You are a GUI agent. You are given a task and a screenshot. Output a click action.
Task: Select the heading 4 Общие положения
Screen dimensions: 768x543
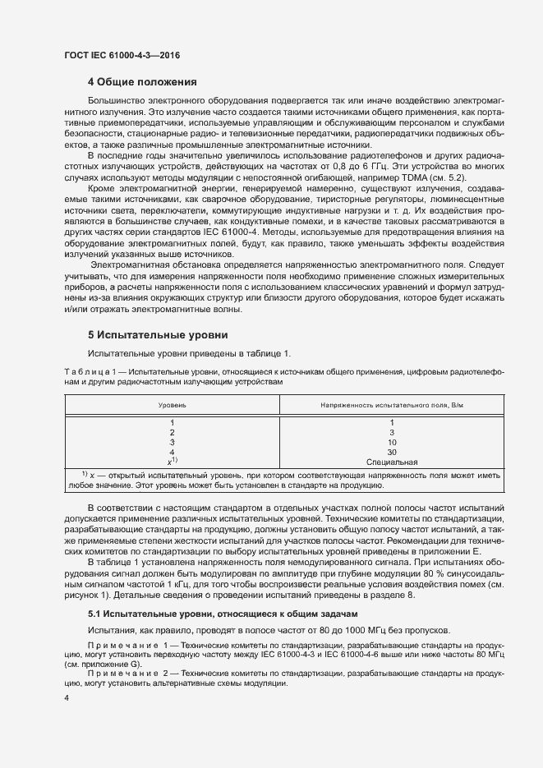[142, 81]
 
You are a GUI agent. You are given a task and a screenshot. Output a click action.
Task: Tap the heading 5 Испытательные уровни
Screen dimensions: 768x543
[152, 335]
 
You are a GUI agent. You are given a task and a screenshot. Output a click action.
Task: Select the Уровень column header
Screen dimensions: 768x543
[172, 406]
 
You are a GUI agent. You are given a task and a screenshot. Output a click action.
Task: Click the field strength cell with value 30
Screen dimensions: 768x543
[392, 452]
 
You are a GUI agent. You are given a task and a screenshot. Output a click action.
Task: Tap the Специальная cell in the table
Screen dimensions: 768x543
[392, 462]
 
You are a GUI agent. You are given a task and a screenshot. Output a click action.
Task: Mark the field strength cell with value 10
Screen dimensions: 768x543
[392, 442]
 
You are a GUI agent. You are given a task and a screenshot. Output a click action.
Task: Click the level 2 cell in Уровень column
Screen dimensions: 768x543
[172, 432]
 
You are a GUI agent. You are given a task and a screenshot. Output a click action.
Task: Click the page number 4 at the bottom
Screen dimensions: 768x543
[67, 697]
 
